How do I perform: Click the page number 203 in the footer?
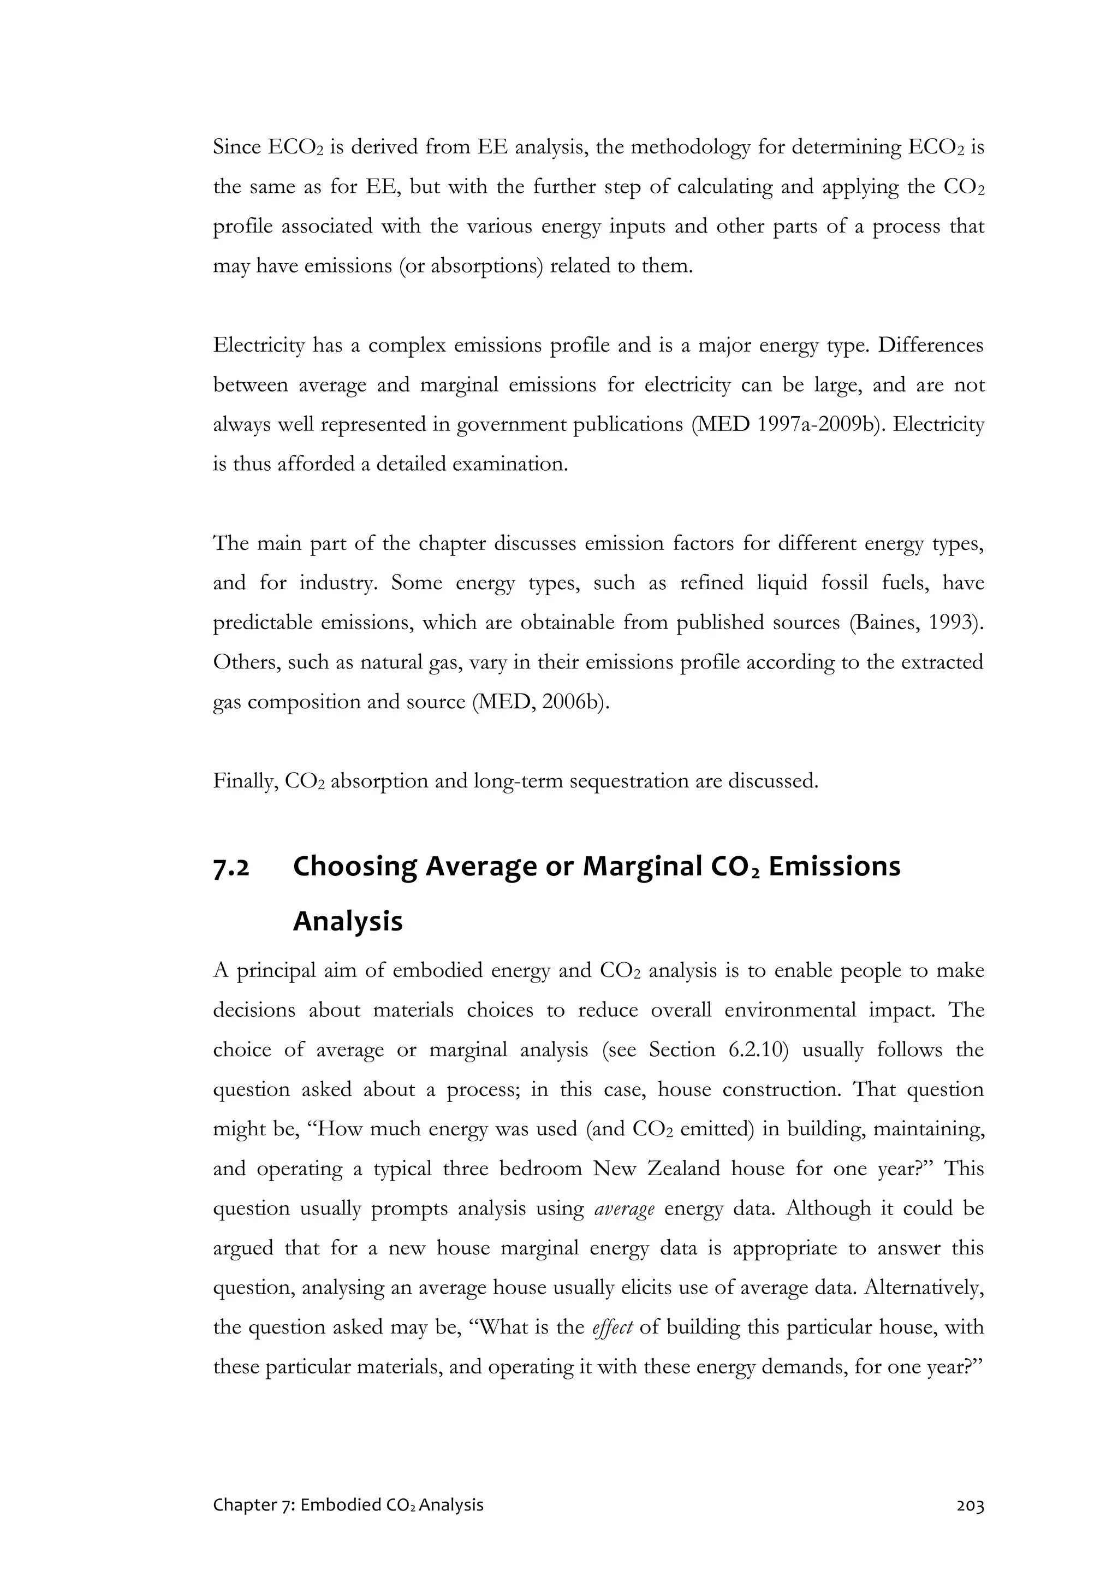coord(970,1506)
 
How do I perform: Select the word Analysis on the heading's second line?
coord(347,921)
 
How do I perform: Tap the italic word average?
coord(624,1208)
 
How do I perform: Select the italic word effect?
coord(612,1327)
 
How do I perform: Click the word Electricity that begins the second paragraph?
coord(258,345)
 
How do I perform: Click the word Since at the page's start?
coord(237,147)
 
